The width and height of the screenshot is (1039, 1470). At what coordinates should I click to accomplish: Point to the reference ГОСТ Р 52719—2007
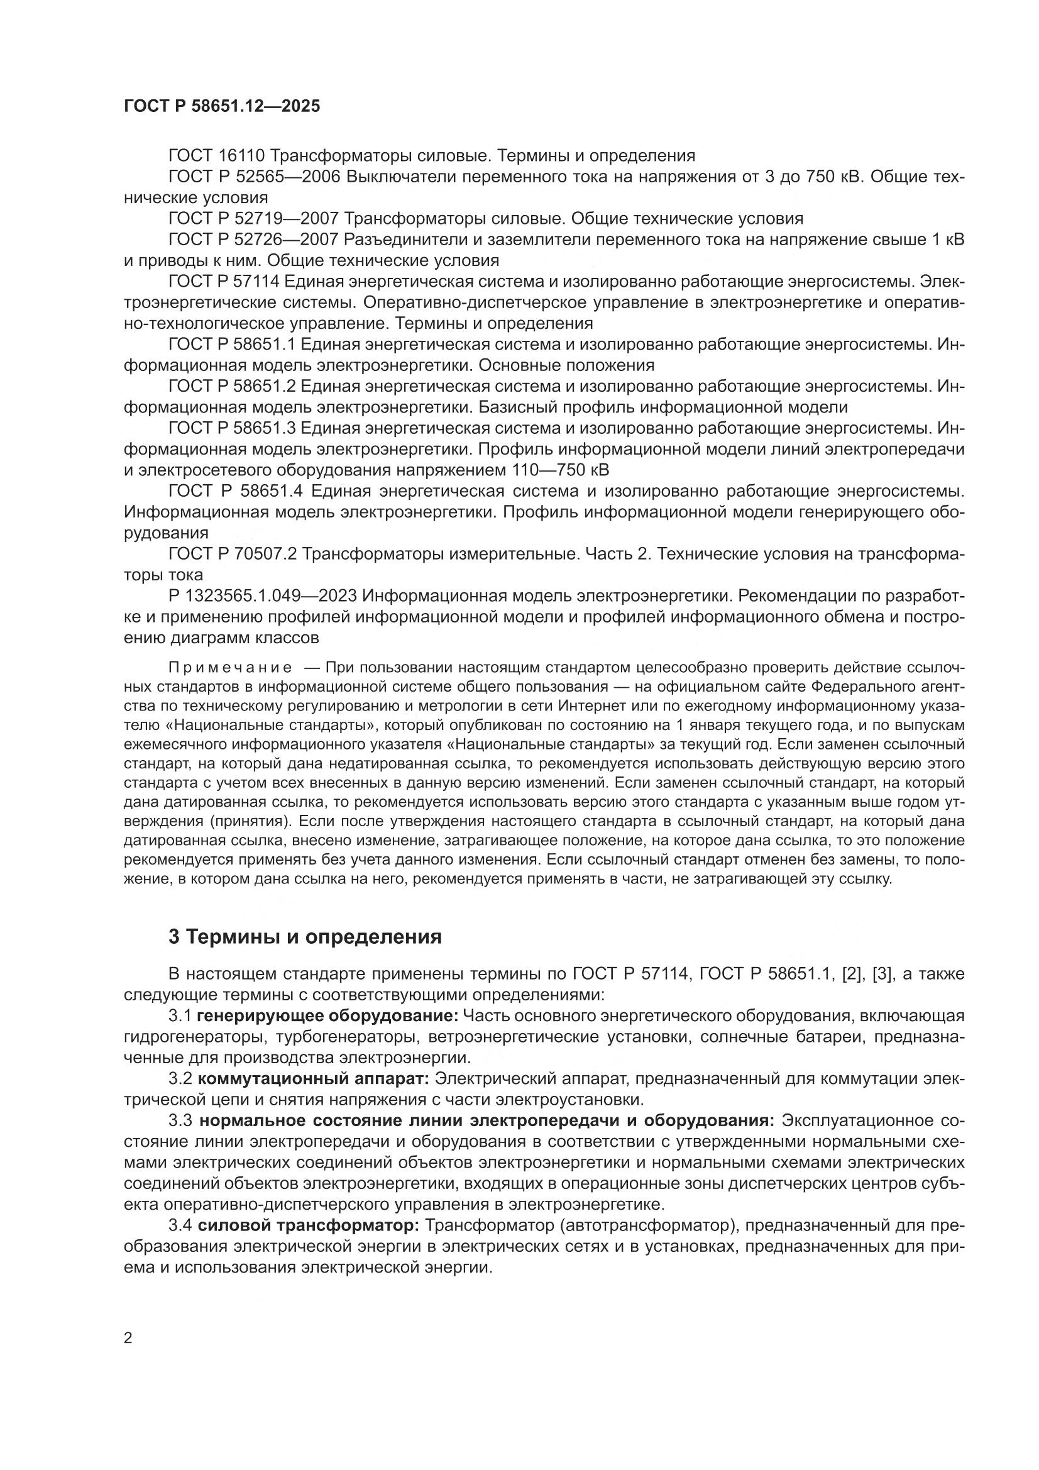click(253, 219)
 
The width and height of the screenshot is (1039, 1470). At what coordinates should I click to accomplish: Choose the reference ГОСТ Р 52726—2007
click(253, 240)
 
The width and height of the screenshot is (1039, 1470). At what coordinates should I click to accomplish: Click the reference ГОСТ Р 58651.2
click(231, 386)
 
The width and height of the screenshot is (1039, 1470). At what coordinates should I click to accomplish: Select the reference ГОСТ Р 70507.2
click(232, 554)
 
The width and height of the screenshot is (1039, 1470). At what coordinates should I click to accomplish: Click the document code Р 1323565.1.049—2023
click(263, 596)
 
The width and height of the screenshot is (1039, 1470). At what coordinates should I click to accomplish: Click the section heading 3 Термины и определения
click(305, 937)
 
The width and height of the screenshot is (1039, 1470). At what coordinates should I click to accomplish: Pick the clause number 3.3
click(180, 1121)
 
